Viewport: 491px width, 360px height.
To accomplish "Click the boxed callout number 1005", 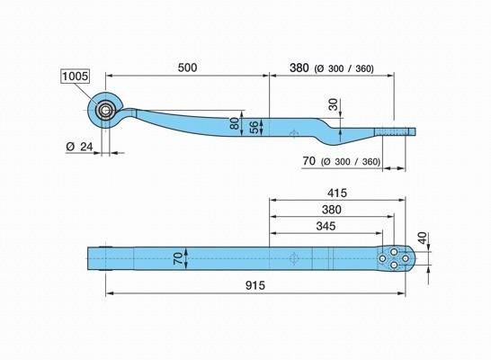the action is [76, 76].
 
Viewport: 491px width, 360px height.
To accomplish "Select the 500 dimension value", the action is [187, 67].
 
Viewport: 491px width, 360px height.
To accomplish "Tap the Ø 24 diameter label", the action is [79, 147].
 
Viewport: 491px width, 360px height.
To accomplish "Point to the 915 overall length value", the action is [255, 285].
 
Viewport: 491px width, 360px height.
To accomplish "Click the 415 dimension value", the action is [337, 193].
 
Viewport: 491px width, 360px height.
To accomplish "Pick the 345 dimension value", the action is [326, 226].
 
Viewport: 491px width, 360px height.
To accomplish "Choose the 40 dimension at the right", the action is [423, 238].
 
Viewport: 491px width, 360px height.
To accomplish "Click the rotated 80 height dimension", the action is [234, 123].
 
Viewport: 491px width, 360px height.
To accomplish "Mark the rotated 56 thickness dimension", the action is [254, 127].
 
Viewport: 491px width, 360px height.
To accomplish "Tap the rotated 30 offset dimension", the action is [334, 104].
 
